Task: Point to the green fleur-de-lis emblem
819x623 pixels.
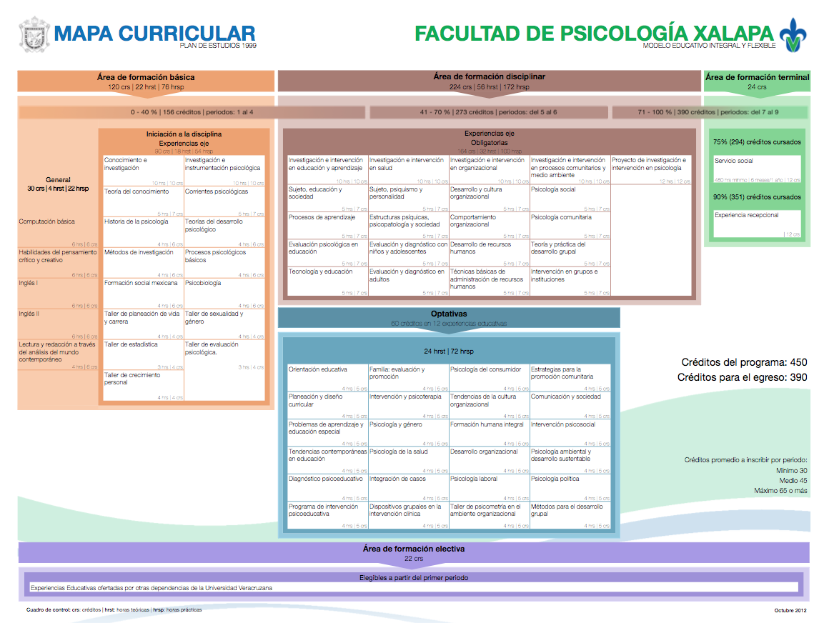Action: click(791, 34)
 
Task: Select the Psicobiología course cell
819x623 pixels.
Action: click(224, 294)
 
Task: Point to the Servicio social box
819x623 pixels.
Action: click(757, 170)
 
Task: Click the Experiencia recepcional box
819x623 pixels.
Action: click(757, 224)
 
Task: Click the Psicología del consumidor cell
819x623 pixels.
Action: click(489, 378)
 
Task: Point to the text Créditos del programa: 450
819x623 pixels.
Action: click(744, 362)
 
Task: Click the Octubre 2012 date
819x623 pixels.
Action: click(790, 610)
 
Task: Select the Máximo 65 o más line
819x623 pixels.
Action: click(780, 491)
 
